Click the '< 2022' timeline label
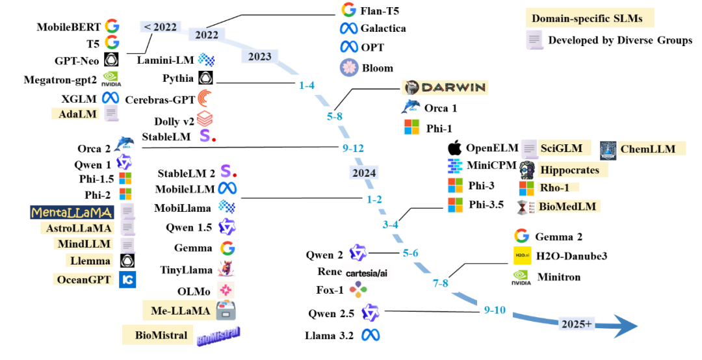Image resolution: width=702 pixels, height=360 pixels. coord(160,27)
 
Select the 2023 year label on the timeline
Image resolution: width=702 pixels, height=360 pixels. coord(259,57)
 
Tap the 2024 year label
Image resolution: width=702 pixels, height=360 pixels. coord(363,173)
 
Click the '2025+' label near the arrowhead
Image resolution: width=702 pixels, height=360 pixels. coord(577,324)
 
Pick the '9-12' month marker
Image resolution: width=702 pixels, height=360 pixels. coord(353,148)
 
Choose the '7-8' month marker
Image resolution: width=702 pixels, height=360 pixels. coord(440,283)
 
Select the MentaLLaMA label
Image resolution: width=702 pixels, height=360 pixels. coord(72,212)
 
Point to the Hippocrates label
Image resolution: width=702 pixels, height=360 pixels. coord(572,170)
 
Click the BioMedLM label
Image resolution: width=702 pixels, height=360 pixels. coord(566,207)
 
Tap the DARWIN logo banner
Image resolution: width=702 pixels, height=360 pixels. coord(445,87)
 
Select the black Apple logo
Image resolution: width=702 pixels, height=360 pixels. coord(455,147)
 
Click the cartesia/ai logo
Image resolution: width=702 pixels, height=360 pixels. coord(367,272)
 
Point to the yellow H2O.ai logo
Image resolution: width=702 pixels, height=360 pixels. coord(522,255)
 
